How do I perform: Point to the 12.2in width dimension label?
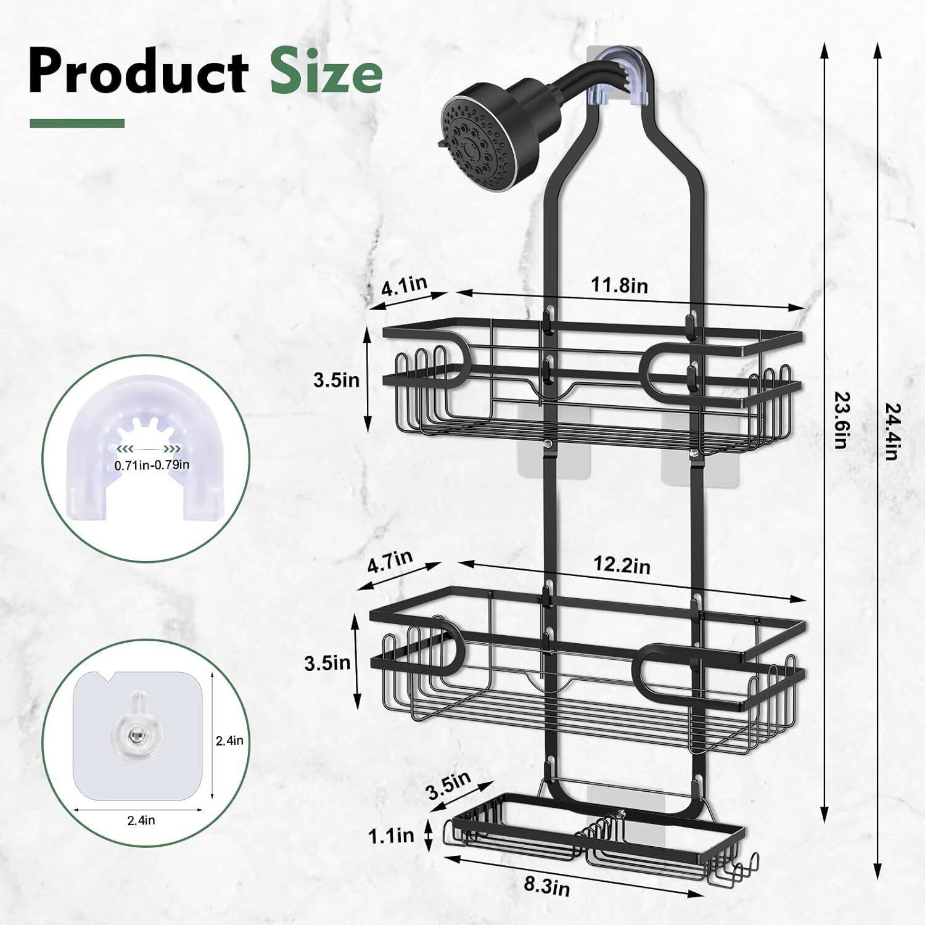click(622, 565)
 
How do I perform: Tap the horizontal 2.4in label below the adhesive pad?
click(141, 820)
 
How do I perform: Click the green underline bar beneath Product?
click(77, 123)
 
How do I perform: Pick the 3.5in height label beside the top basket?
click(335, 379)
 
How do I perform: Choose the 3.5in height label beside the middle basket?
click(327, 664)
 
